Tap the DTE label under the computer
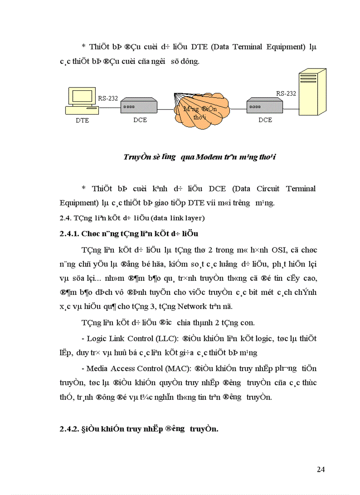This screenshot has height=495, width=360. click(82, 120)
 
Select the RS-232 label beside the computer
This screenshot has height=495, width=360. click(108, 98)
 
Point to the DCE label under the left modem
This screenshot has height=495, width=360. click(139, 120)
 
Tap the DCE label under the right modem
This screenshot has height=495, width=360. click(265, 120)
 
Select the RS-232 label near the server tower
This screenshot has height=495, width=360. click(286, 93)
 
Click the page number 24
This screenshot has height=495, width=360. click(321, 469)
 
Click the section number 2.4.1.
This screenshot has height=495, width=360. click(69, 234)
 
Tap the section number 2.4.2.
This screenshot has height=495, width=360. click(69, 428)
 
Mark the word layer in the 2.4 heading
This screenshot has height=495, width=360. click(196, 218)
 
